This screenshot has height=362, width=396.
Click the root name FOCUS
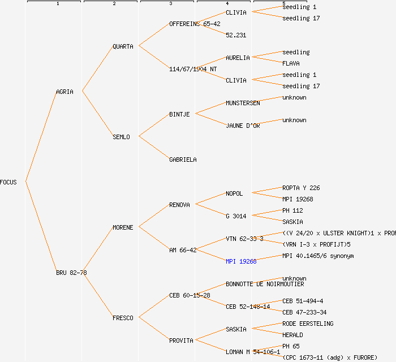tap(8, 182)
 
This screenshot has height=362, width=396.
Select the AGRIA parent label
tap(64, 92)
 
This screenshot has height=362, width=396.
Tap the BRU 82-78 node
tap(71, 273)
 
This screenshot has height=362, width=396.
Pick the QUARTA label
tap(123, 46)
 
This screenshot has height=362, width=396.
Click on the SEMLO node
tap(121, 137)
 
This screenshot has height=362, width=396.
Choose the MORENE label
tap(123, 227)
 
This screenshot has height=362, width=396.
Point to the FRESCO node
tap(123, 318)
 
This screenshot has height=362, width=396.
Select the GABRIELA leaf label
tap(183, 160)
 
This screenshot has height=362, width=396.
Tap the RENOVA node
tap(179, 205)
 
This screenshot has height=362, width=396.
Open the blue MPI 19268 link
tap(241, 261)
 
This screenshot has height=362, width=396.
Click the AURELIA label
tap(238, 58)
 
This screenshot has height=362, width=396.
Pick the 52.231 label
tap(236, 35)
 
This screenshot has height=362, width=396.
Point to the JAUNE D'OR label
tap(243, 126)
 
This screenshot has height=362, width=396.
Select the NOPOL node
tap(234, 193)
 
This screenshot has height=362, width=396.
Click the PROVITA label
tap(181, 341)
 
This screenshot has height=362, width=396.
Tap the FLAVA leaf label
tap(291, 63)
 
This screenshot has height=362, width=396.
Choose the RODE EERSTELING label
tap(308, 324)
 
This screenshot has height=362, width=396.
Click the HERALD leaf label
tap(292, 335)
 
